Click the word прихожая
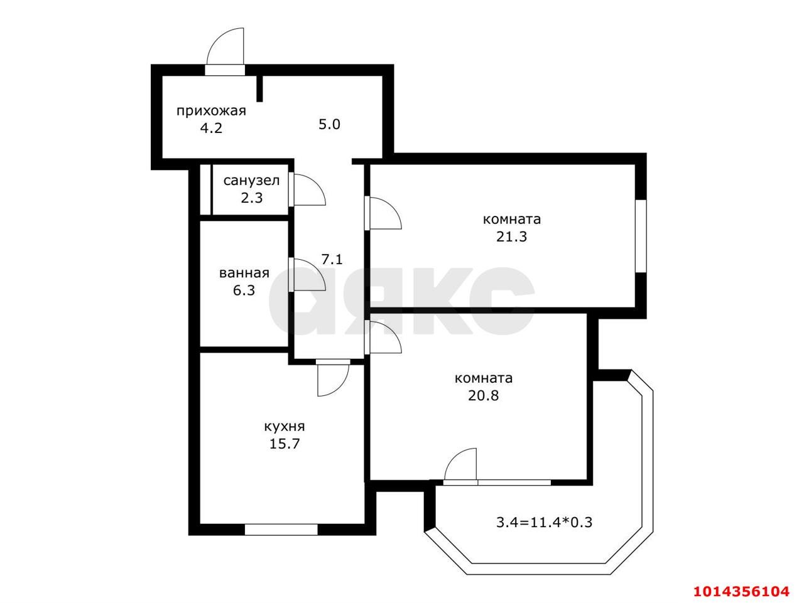(211, 111)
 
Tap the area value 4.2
(211, 129)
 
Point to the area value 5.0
(329, 124)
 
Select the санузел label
(251, 180)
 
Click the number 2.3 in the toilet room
(252, 198)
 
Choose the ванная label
(244, 273)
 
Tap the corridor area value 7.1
(332, 259)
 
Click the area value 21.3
(511, 237)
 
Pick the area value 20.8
(483, 395)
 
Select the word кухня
(285, 427)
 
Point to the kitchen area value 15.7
(285, 444)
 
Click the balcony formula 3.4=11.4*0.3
(544, 522)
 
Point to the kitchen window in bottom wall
(281, 530)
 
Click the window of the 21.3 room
(641, 236)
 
